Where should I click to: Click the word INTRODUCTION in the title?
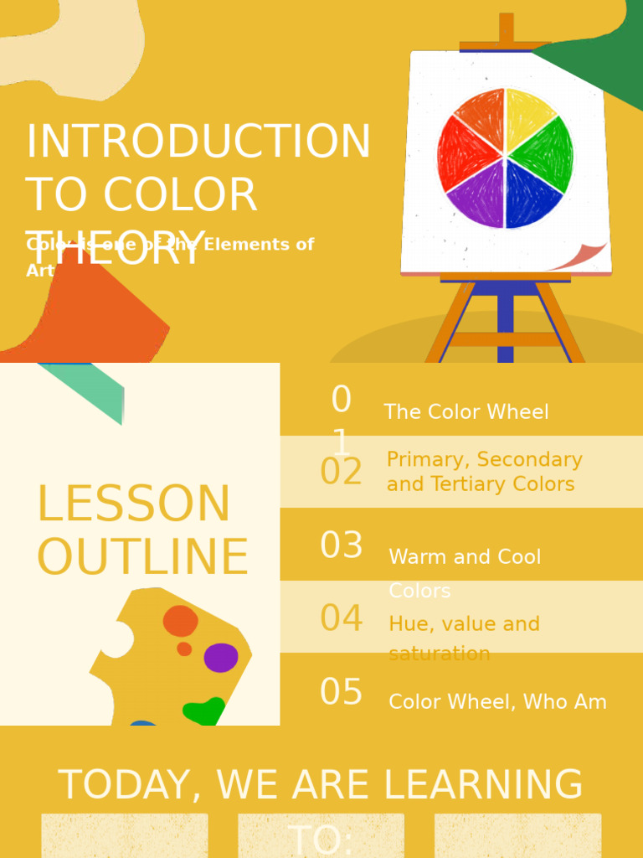(x=198, y=142)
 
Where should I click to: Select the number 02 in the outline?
(x=341, y=473)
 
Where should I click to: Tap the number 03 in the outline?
(x=341, y=546)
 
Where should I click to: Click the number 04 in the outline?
(x=341, y=619)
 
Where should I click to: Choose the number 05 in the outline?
(x=341, y=693)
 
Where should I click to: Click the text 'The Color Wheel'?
(x=466, y=412)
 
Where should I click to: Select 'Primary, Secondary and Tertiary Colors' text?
(x=484, y=472)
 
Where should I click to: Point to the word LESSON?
(x=133, y=504)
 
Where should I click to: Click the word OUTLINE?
(x=142, y=558)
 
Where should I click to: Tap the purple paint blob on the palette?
(x=221, y=658)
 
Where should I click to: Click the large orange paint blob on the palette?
(x=180, y=621)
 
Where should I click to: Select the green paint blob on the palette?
(x=204, y=712)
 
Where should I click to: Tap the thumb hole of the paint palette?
(x=116, y=639)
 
